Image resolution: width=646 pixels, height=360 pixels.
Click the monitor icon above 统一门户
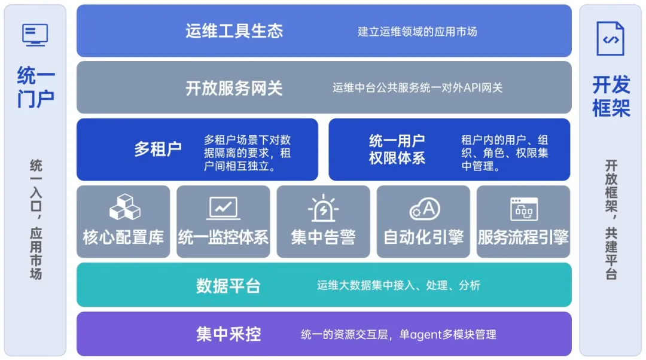point(35,35)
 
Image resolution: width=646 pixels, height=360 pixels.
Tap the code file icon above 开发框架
point(610,39)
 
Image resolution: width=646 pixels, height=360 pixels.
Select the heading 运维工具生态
point(234,31)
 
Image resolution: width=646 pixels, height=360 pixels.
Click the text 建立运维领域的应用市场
point(418,32)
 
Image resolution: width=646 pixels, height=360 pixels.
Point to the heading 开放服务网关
point(234,88)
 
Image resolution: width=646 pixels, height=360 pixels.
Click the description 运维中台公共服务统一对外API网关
point(418,88)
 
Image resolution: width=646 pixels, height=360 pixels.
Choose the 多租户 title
point(158,149)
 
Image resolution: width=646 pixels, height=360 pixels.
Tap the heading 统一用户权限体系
point(397,149)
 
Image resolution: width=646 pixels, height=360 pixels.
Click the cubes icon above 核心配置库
point(125,207)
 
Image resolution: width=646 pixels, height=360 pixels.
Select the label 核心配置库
point(123,237)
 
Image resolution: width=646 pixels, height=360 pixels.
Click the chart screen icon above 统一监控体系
point(223,209)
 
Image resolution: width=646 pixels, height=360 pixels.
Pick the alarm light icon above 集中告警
point(324,208)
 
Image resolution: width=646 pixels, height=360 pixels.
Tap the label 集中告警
point(324,237)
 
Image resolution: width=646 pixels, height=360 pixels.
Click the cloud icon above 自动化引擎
point(424,209)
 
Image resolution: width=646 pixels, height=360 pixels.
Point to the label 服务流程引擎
point(523,237)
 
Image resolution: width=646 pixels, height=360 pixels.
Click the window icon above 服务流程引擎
point(524,209)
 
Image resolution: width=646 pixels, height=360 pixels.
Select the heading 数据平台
point(228,286)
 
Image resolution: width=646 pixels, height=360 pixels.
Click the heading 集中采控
point(228,334)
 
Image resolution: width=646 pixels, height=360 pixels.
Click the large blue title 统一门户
point(35,87)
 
